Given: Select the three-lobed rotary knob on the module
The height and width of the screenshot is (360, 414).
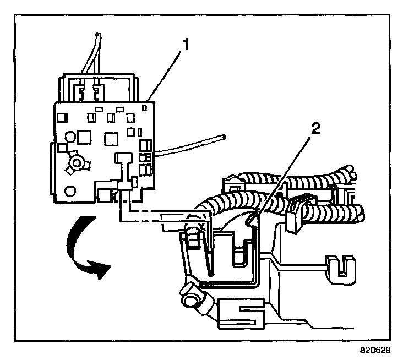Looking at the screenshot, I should (x=75, y=163).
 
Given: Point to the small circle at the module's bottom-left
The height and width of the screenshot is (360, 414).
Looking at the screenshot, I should (x=69, y=192).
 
